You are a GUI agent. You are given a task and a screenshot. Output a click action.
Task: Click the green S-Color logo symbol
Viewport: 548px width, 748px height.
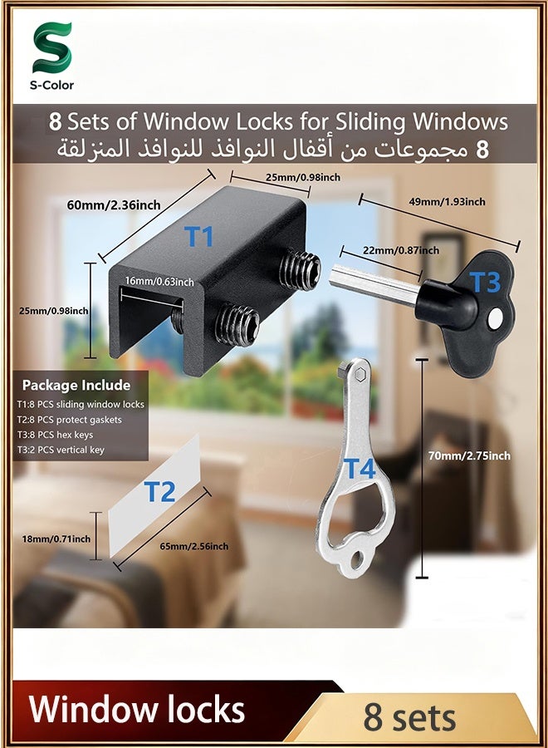[x=52, y=47]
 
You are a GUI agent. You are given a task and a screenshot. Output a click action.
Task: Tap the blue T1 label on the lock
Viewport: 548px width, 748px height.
[x=198, y=237]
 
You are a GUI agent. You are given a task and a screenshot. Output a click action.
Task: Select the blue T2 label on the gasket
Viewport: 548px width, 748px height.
[x=159, y=492]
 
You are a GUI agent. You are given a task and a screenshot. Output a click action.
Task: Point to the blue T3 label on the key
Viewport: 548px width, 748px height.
[x=485, y=282]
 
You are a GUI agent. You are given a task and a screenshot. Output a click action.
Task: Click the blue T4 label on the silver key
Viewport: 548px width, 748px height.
[x=360, y=469]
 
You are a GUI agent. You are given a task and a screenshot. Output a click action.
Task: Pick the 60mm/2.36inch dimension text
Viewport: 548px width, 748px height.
[x=114, y=205]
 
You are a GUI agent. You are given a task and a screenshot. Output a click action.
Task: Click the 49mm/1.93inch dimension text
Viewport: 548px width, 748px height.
[x=447, y=202]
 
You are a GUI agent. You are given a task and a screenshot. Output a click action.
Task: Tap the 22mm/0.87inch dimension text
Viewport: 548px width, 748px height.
[x=401, y=250]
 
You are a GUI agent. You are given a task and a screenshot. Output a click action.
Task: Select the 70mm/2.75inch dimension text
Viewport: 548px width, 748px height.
[x=469, y=455]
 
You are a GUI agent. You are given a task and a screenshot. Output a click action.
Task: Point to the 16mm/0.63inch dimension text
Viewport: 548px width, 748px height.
[x=159, y=282]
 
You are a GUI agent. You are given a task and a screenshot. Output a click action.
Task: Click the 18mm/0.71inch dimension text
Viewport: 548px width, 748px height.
[x=56, y=539]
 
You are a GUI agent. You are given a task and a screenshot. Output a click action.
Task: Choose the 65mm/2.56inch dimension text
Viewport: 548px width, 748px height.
[x=194, y=546]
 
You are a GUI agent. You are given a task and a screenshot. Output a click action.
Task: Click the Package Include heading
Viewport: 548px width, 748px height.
[x=76, y=385]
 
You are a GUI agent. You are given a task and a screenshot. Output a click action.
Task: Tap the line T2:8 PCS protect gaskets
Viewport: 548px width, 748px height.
[x=70, y=420]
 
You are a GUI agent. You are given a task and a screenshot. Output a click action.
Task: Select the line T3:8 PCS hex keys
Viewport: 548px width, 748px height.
[x=56, y=435]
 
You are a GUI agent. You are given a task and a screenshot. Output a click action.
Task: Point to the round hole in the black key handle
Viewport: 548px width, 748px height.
[x=495, y=315]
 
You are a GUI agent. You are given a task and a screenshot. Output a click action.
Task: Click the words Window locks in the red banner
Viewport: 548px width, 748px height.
[x=137, y=710]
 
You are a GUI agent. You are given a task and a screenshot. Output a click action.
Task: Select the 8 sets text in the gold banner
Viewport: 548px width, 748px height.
[x=409, y=718]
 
